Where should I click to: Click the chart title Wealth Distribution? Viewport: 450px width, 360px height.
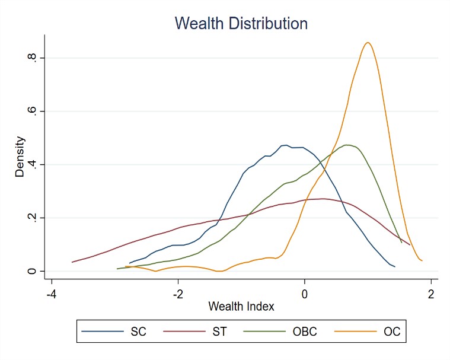tap(241, 24)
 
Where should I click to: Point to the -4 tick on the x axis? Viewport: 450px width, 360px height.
tap(52, 294)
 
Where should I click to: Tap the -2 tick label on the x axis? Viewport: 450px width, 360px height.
tap(177, 294)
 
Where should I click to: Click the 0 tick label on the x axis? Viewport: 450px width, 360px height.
tap(304, 294)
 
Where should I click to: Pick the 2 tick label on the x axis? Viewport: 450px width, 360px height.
tap(430, 294)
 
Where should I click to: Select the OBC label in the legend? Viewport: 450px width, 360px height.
tap(305, 332)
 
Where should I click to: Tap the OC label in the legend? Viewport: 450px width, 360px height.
tap(392, 332)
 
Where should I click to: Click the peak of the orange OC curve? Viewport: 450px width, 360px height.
tap(368, 43)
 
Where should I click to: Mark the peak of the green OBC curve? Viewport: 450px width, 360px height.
tap(347, 145)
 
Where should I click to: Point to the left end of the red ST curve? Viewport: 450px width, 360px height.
tap(72, 262)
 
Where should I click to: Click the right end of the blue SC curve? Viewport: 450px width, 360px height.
tap(394, 266)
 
